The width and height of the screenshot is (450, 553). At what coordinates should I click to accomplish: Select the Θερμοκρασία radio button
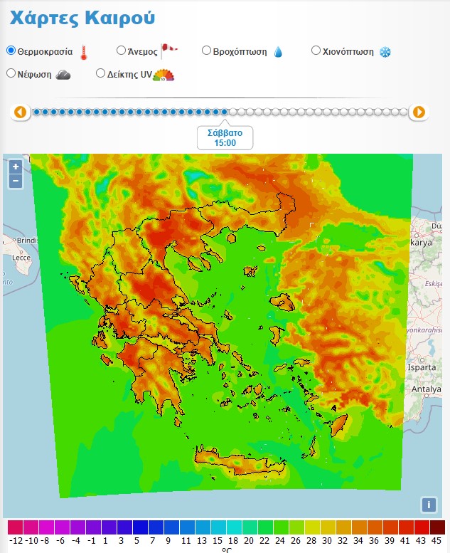[11, 51]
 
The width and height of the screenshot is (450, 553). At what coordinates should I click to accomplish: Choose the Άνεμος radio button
[121, 51]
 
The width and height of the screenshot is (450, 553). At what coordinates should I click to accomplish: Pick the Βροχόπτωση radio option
[206, 51]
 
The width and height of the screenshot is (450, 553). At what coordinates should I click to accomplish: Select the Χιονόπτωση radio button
[316, 51]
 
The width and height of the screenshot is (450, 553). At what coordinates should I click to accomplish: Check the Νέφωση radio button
[11, 73]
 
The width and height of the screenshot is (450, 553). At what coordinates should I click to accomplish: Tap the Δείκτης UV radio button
[100, 73]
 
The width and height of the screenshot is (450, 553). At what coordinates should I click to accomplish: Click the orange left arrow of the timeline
[20, 112]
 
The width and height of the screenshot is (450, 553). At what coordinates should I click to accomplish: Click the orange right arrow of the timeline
[419, 112]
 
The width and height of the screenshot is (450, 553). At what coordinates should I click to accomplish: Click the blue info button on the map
[428, 505]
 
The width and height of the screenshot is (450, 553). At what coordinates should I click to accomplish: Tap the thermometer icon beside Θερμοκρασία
[83, 52]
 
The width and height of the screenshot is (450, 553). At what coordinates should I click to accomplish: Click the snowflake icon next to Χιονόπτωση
[385, 52]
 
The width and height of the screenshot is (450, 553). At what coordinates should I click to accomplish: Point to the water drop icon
[278, 52]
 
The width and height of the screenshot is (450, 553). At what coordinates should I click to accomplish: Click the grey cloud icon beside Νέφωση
[63, 74]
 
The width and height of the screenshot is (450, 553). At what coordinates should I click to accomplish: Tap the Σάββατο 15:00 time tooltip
[225, 137]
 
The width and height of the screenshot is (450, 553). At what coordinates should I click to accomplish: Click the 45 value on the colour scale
[437, 540]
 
